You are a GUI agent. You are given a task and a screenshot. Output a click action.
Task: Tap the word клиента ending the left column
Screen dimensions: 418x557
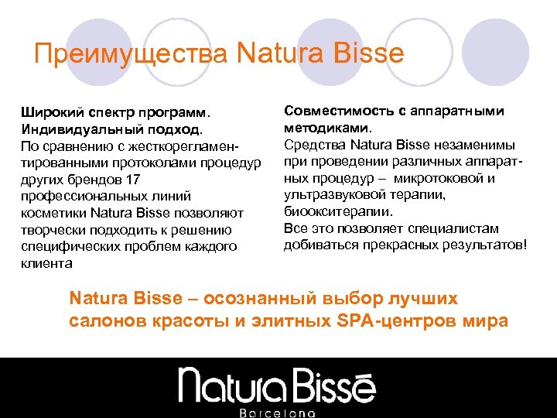coord(46,263)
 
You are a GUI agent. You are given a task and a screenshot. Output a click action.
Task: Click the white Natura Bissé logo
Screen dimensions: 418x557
coord(278,384)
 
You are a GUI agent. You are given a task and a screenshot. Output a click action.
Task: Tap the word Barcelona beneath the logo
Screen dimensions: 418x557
coord(278,412)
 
